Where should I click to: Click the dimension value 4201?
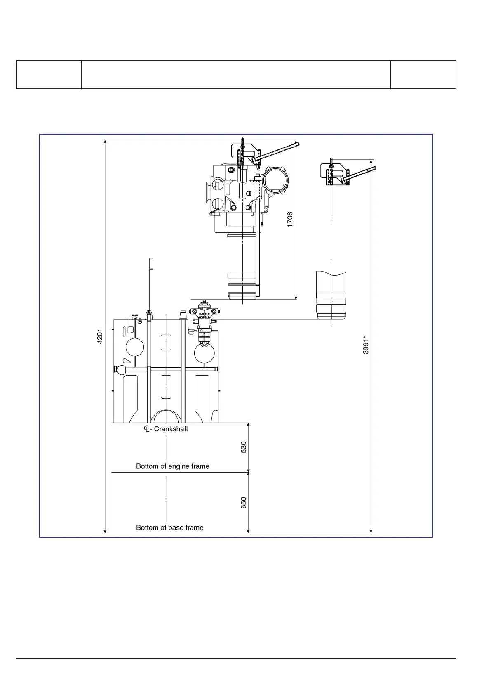click(100, 336)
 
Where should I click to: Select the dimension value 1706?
click(290, 220)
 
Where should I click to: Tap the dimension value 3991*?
click(366, 345)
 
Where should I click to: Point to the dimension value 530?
click(244, 447)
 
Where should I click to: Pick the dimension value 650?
click(244, 503)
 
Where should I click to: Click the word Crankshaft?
click(171, 429)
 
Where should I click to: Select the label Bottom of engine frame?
click(173, 466)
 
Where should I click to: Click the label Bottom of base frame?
click(169, 528)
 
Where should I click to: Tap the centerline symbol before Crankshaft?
click(147, 429)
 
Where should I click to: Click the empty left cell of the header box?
click(49, 75)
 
